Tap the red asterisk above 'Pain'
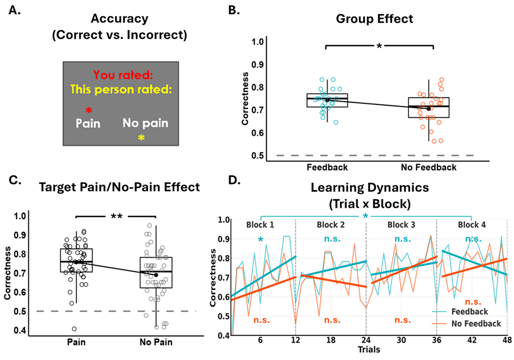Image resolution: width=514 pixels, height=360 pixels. tap(89, 111)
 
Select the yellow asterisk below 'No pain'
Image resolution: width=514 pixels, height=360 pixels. tap(141, 138)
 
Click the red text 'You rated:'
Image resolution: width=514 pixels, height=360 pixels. tap(116, 75)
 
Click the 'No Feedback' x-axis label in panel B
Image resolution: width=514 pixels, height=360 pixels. tap(428, 167)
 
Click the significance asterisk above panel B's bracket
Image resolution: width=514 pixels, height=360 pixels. tap(379, 46)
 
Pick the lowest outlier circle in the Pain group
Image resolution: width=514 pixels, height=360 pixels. tap(74, 329)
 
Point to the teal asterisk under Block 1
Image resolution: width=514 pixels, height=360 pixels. tap(260, 240)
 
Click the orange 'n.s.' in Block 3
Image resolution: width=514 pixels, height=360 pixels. tap(402, 320)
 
